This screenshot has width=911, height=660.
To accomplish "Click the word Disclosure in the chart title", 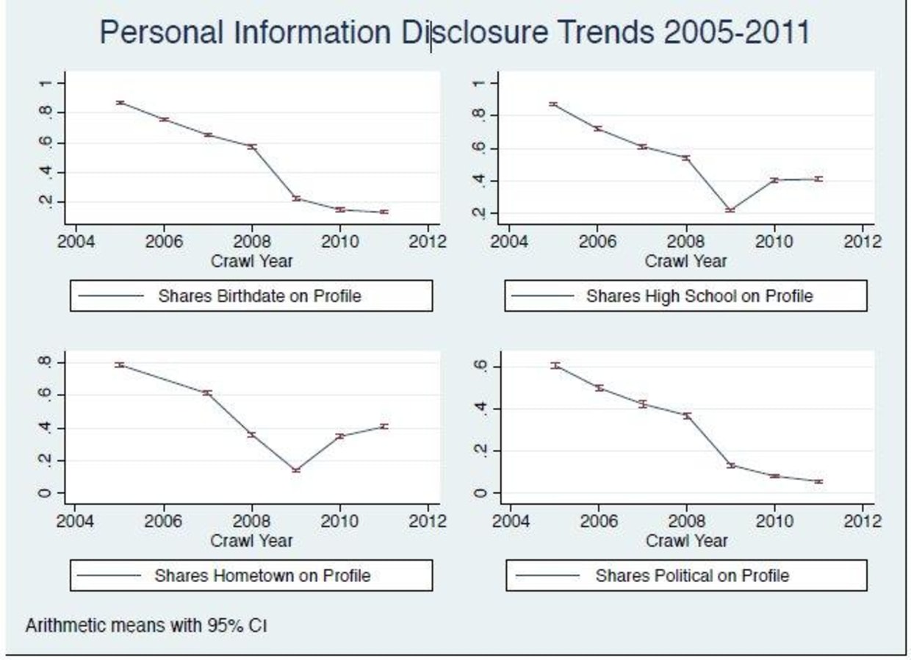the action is [x=475, y=32].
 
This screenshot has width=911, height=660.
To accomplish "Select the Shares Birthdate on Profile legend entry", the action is [x=251, y=295].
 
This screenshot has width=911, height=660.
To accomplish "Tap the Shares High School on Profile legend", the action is [x=685, y=295].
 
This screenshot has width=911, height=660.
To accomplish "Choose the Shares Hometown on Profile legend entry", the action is [x=251, y=575].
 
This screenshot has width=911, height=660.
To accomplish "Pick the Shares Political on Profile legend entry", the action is [x=686, y=575].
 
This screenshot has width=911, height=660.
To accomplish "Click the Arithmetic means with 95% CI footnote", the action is [x=146, y=625].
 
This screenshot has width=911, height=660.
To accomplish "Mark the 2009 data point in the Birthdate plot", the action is [x=297, y=198].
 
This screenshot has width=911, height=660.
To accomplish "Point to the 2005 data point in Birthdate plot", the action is [x=120, y=103].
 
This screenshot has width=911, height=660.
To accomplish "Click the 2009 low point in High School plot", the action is [x=730, y=210].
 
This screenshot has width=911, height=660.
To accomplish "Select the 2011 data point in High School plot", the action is [x=818, y=179].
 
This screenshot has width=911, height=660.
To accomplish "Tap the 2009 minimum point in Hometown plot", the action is [x=297, y=470].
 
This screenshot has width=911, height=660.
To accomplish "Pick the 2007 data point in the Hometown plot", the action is [x=208, y=392].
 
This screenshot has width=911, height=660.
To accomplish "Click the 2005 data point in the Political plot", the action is [x=555, y=365].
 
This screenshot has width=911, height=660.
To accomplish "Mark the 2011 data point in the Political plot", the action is [x=818, y=481].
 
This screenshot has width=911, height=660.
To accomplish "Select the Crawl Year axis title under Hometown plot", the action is [x=251, y=541].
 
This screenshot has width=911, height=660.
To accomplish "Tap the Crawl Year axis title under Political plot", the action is [x=686, y=541].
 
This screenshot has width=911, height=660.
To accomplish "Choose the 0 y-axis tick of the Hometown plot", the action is [x=45, y=493].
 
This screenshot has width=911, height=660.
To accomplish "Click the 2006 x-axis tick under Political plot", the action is [x=599, y=521].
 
